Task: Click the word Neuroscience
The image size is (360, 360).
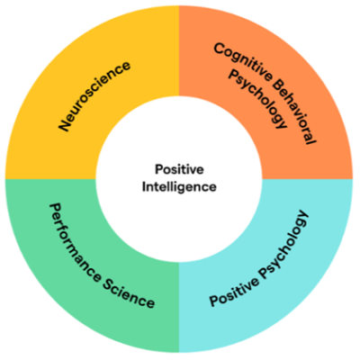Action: click(x=94, y=96)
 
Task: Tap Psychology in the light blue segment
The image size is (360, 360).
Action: click(x=283, y=245)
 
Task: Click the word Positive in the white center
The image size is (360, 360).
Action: click(x=179, y=169)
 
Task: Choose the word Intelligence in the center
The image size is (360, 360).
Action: click(x=179, y=187)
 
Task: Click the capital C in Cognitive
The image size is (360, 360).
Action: click(x=220, y=49)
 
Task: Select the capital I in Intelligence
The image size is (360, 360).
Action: click(x=143, y=186)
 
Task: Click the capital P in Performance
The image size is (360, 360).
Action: click(x=54, y=209)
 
